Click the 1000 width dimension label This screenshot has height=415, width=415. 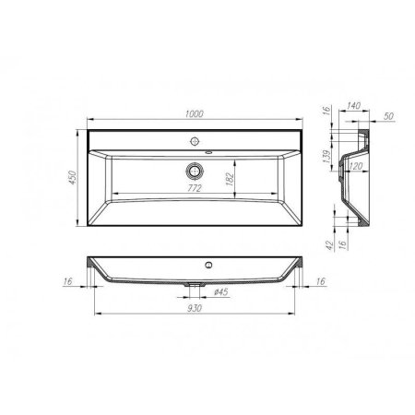(x=194, y=113)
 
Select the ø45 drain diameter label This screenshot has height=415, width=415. (x=221, y=293)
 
